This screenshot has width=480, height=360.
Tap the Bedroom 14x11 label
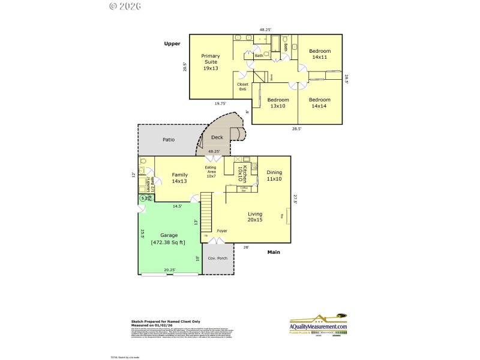point(320,54)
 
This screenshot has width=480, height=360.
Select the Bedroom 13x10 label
point(278,103)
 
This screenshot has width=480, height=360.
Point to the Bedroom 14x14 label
point(320,103)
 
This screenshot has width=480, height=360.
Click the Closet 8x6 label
point(242,86)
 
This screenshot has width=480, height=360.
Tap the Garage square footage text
point(169,239)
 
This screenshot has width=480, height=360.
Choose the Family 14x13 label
point(180,178)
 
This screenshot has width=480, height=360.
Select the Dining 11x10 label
point(274,175)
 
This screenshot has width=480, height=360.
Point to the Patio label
point(169,140)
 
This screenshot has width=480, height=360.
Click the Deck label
point(217,137)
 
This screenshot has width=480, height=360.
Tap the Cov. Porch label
point(216,258)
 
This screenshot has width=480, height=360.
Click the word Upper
point(172,44)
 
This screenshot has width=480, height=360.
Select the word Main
point(274,252)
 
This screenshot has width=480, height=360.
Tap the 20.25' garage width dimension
point(170,270)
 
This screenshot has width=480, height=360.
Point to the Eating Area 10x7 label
point(211,172)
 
